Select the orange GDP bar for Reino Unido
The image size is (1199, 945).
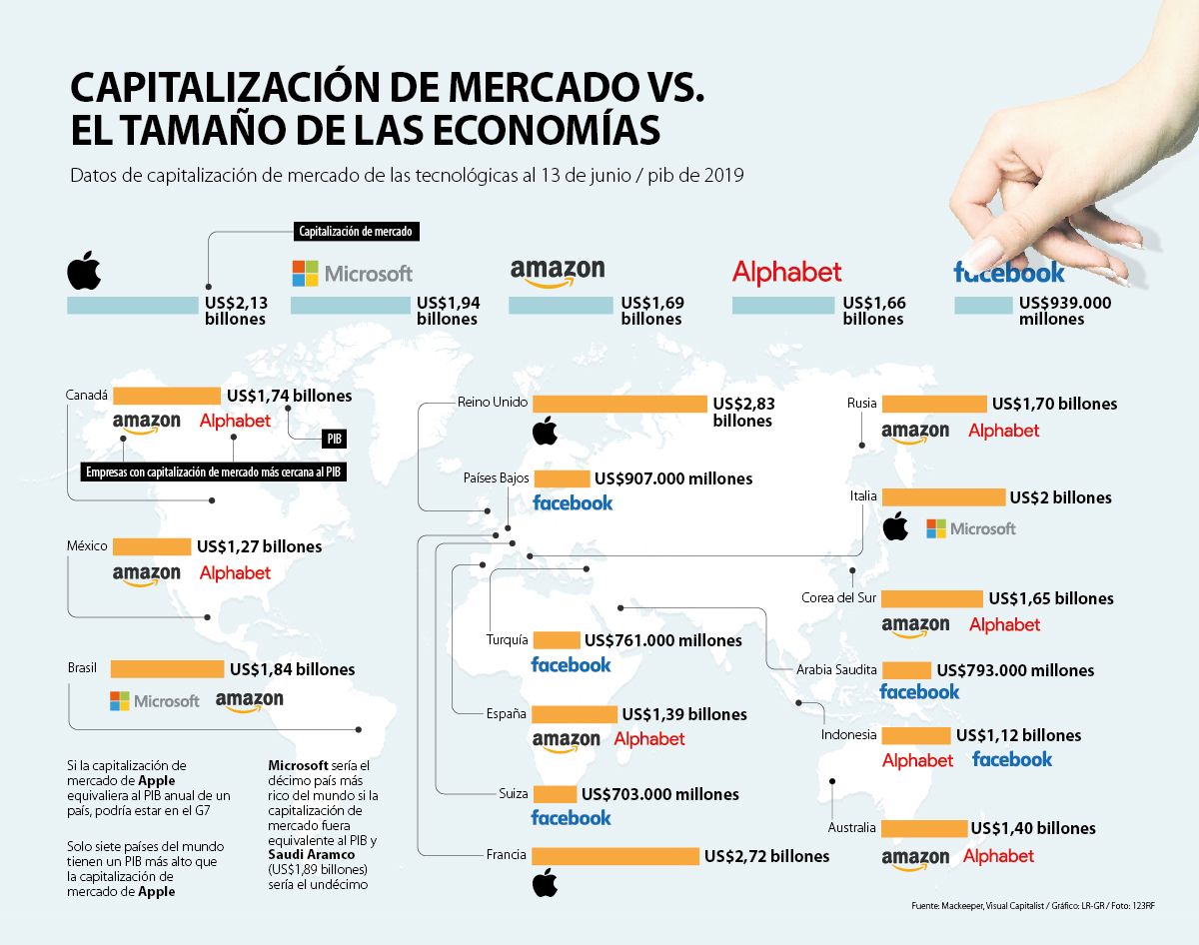click(x=619, y=404)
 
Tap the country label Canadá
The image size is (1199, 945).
click(x=86, y=395)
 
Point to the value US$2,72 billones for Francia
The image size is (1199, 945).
click(x=766, y=856)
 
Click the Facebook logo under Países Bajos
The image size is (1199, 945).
click(x=573, y=502)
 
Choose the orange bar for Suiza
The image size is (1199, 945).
click(x=555, y=794)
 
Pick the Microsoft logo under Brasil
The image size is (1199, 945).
click(x=155, y=701)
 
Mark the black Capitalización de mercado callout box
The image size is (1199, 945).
click(x=357, y=232)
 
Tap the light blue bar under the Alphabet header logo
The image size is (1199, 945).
click(x=784, y=306)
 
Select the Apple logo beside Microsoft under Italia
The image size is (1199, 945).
click(x=895, y=527)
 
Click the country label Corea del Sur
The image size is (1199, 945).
click(x=838, y=598)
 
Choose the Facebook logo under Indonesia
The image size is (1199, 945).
click(x=1012, y=760)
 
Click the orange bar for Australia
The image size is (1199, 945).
click(x=924, y=828)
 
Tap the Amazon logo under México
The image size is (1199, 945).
click(x=146, y=574)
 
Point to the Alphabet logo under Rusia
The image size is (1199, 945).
click(x=1003, y=431)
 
